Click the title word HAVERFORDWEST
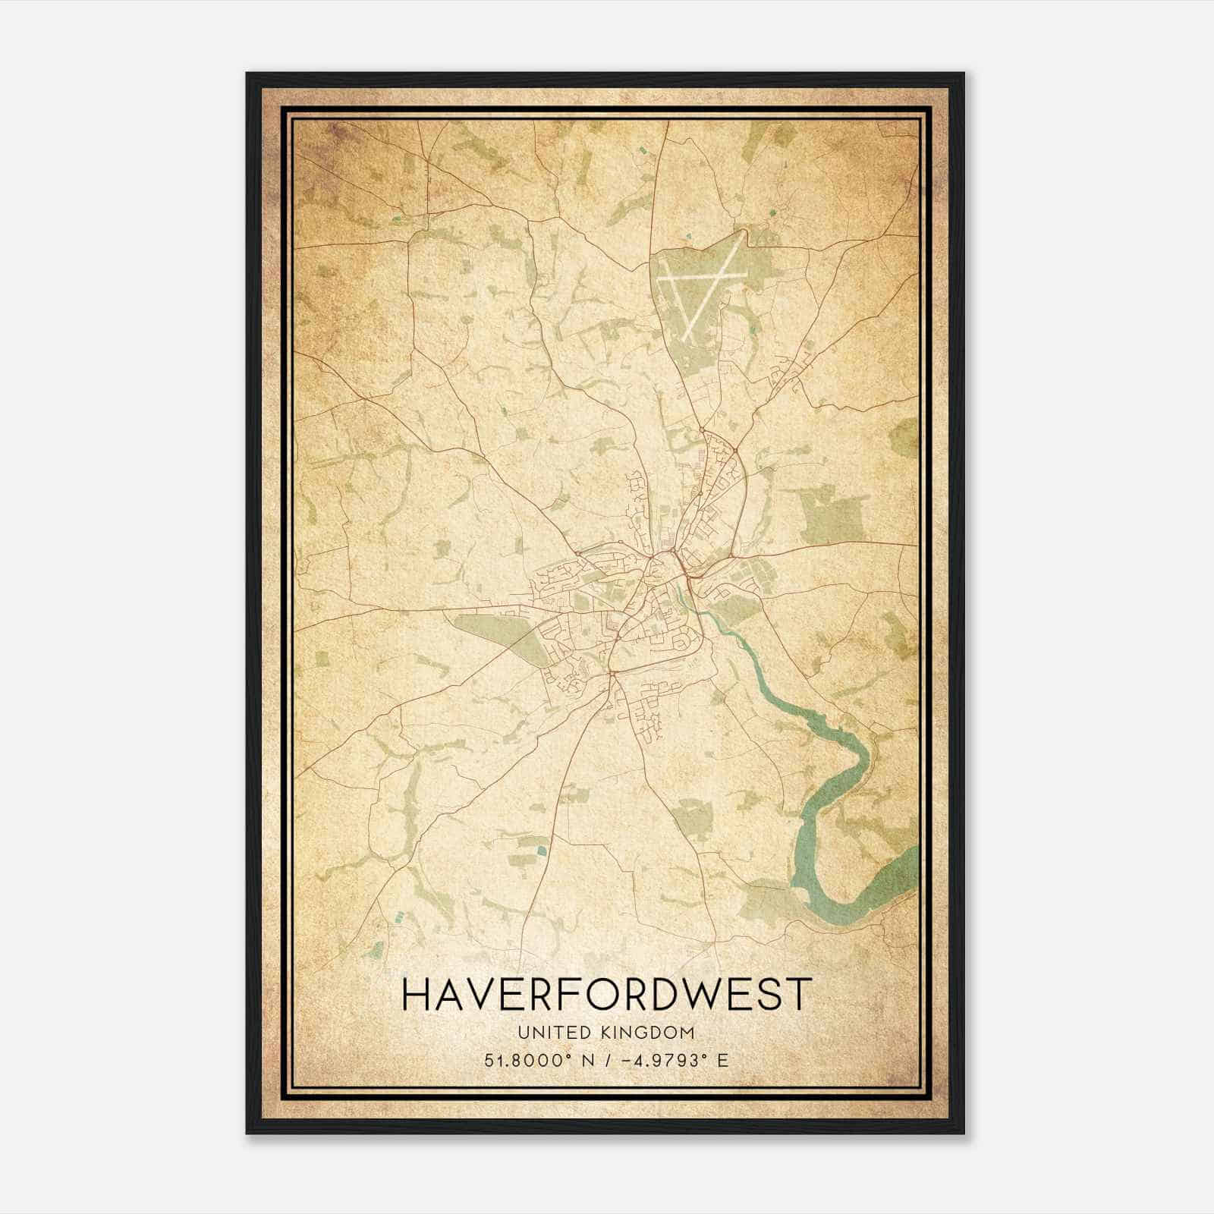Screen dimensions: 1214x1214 pos(606,995)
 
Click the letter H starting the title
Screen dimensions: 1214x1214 pos(416,995)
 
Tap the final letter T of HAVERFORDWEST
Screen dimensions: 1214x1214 pos(800,995)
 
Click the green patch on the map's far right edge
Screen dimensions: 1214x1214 pos(905,437)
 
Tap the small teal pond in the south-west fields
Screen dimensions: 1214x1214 pos(540,851)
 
